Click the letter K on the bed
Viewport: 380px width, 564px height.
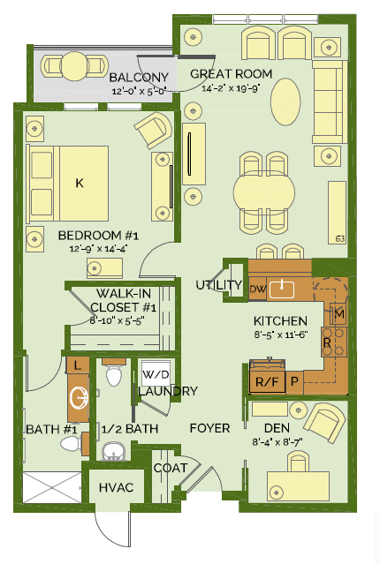[x=80, y=183]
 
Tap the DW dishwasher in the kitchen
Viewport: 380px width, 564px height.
[x=257, y=289]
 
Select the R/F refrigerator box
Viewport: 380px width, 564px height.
[x=267, y=381]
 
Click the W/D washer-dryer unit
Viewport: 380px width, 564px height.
[x=156, y=373]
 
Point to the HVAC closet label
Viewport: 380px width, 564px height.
[x=116, y=488]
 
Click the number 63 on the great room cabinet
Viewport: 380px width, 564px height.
[x=340, y=238]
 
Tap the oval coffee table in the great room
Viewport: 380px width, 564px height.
[x=285, y=102]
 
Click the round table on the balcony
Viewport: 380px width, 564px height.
[x=73, y=66]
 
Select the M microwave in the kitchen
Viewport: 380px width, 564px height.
[x=338, y=314]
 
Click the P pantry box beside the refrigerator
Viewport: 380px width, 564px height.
[x=294, y=381]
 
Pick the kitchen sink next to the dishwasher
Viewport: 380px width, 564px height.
[x=282, y=290]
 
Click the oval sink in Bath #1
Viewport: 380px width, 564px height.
[x=80, y=398]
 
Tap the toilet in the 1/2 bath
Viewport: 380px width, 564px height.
[x=114, y=374]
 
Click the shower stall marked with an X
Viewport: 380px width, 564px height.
[x=52, y=487]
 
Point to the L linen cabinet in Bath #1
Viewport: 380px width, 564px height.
[x=77, y=365]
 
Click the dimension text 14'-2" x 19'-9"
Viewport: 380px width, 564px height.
[x=231, y=87]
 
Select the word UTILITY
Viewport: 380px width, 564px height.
[x=218, y=285]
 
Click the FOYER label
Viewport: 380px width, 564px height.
[x=209, y=428]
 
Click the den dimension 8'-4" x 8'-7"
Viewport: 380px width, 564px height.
[x=277, y=441]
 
